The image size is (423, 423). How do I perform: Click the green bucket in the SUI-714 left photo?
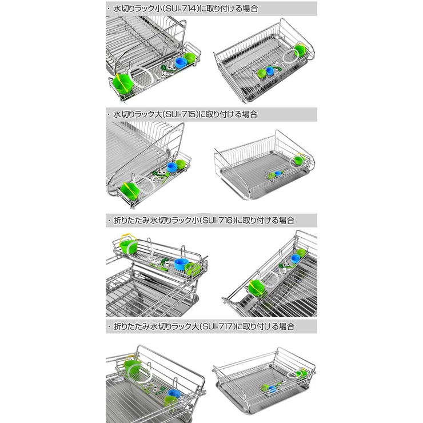pos(123,84)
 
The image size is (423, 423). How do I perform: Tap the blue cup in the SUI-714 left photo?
pos(181,63)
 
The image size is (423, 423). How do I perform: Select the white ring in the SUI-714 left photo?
pos(141,78)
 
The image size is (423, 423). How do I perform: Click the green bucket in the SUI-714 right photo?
pos(300,50)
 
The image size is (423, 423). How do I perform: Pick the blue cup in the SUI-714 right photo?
pos(270,71)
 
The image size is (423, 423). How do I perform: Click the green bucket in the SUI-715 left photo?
pos(130,191)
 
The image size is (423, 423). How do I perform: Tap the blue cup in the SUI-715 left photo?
pos(172,167)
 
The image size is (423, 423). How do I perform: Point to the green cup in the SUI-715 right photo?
pos(298,160)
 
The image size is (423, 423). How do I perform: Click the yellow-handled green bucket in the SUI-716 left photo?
pos(128,244)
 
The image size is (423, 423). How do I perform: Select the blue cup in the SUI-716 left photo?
pos(181,264)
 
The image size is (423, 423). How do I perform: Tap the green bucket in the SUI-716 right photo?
pos(257,288)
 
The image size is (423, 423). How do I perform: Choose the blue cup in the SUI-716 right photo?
pos(296,259)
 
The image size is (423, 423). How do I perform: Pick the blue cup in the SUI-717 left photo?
pos(173,393)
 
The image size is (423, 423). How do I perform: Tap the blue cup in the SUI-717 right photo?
pos(273,389)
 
